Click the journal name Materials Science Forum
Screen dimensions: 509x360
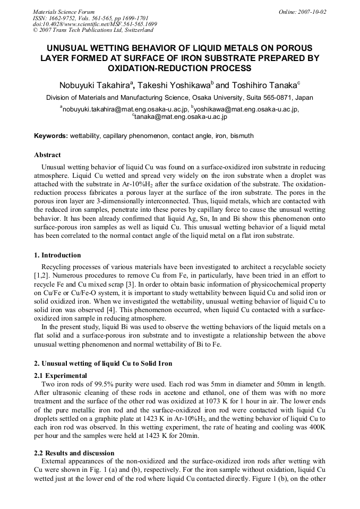click(x=64, y=12)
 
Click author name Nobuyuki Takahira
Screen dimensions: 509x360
click(x=96, y=85)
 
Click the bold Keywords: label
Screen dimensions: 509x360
click(x=51, y=136)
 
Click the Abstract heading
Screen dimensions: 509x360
click(x=47, y=155)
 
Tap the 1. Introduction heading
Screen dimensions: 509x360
click(x=57, y=255)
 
